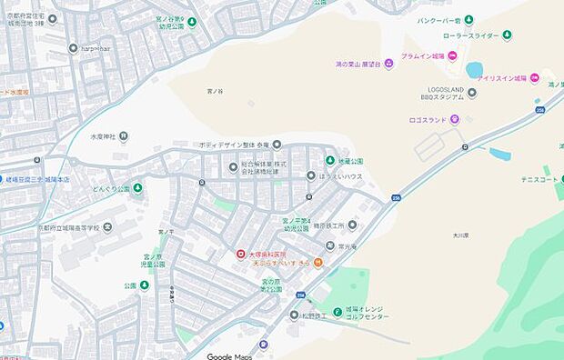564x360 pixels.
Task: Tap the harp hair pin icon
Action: [x=73, y=48]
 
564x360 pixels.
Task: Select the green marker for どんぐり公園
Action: [x=137, y=189]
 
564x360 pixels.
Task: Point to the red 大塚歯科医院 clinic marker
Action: [x=240, y=255]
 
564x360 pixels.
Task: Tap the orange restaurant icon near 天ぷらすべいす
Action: [x=317, y=262]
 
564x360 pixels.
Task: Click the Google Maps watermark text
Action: [x=228, y=355]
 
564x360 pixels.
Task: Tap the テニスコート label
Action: [x=537, y=178]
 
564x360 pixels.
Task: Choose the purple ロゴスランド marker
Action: [x=455, y=119]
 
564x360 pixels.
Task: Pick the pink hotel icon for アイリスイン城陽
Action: [x=534, y=78]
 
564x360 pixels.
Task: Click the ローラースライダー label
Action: [x=471, y=35]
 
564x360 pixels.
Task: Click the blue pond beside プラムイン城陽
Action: [x=474, y=69]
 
